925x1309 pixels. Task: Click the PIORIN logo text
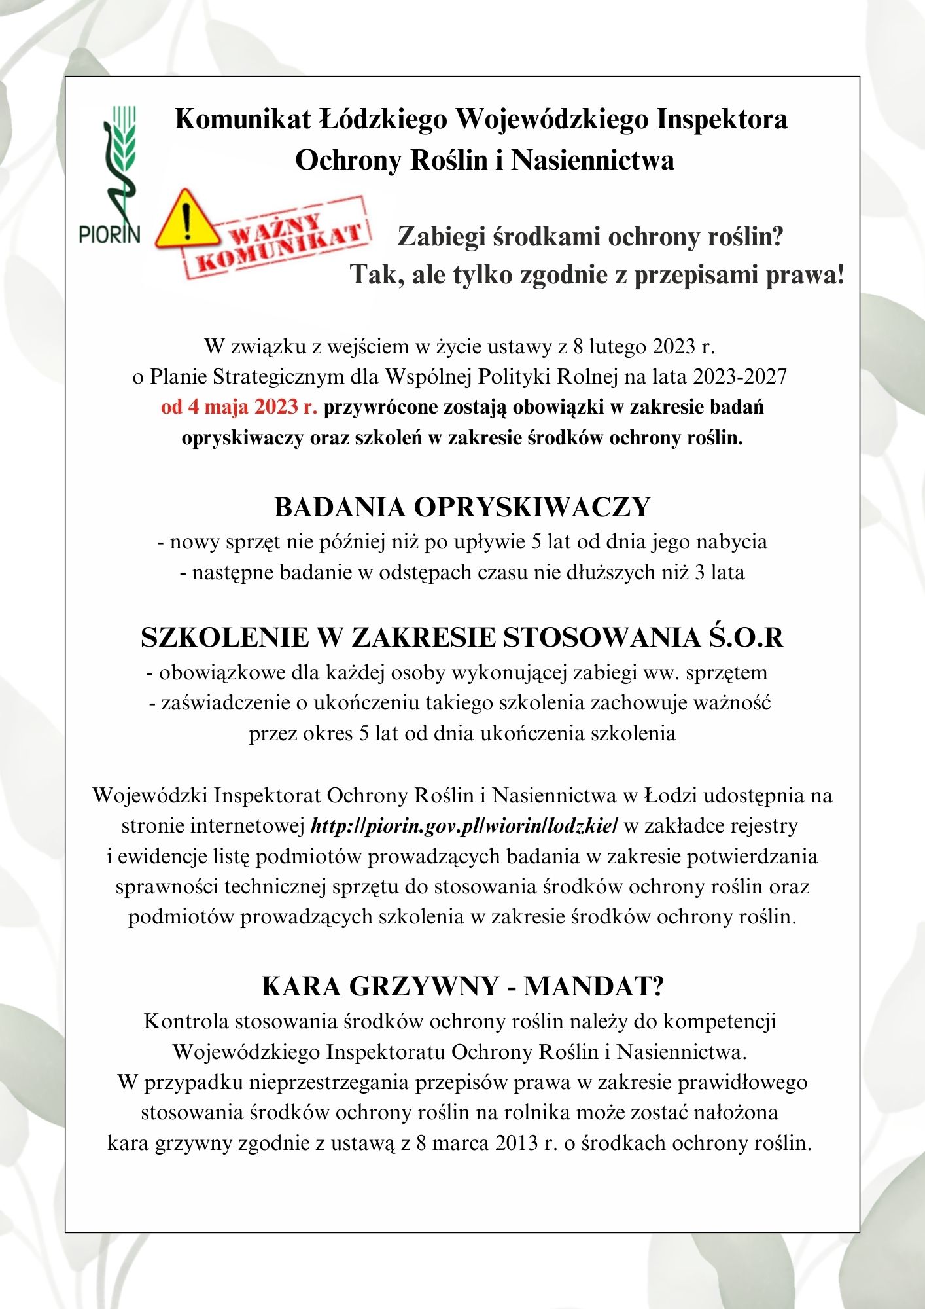pyautogui.click(x=109, y=233)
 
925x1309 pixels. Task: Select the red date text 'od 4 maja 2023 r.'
pyautogui.click(x=239, y=407)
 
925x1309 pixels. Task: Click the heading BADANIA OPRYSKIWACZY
pyautogui.click(x=462, y=507)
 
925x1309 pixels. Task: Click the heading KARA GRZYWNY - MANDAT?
pyautogui.click(x=462, y=986)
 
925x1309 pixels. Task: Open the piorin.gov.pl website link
pyautogui.click(x=464, y=826)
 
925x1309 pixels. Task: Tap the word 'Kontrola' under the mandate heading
pyautogui.click(x=186, y=1022)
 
